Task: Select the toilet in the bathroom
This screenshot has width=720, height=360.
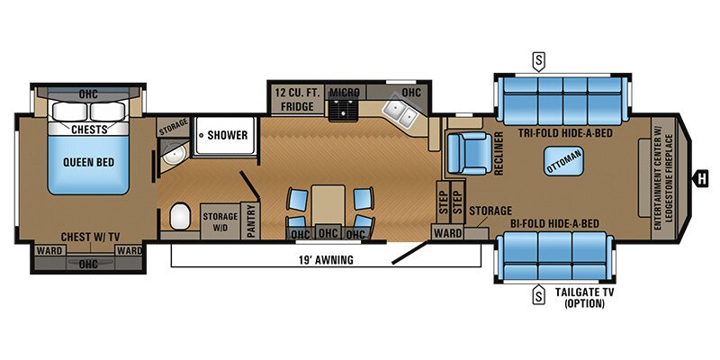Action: pyautogui.click(x=179, y=216)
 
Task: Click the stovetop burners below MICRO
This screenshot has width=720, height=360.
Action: pyautogui.click(x=343, y=111)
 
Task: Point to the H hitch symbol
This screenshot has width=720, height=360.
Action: pyautogui.click(x=700, y=177)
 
